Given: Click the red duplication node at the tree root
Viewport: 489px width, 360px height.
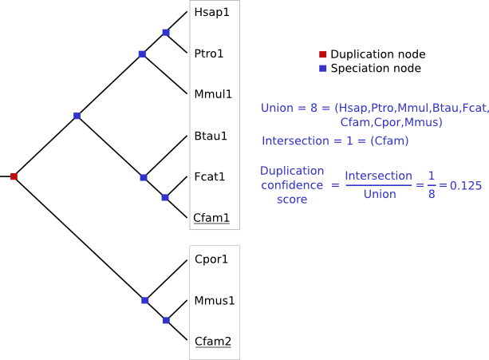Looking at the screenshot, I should pos(14,176).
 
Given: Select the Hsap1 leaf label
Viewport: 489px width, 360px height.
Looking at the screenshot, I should pos(211,14).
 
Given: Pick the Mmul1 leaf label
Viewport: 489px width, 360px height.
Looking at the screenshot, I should pos(213,94).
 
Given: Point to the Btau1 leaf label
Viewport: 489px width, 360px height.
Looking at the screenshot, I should pos(211,136).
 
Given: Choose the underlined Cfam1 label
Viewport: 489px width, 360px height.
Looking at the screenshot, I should pos(212,217).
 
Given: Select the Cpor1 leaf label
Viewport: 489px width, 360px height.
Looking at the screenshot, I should pos(212,259).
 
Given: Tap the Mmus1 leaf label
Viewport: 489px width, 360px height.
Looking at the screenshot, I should pos(213,300).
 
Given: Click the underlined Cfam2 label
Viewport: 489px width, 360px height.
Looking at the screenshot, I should pos(213,342).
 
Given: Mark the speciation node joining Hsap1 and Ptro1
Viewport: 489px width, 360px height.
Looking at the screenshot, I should pos(166,33).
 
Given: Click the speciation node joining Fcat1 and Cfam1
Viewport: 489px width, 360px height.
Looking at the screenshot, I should pos(165,197).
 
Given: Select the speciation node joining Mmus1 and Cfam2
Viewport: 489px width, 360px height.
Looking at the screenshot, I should pos(166,320).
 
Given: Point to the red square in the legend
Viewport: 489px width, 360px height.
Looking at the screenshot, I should pos(322,54).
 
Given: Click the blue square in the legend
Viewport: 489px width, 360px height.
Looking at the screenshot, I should pos(322,69).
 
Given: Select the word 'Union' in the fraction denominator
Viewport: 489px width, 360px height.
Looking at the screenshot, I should pos(379,193).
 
